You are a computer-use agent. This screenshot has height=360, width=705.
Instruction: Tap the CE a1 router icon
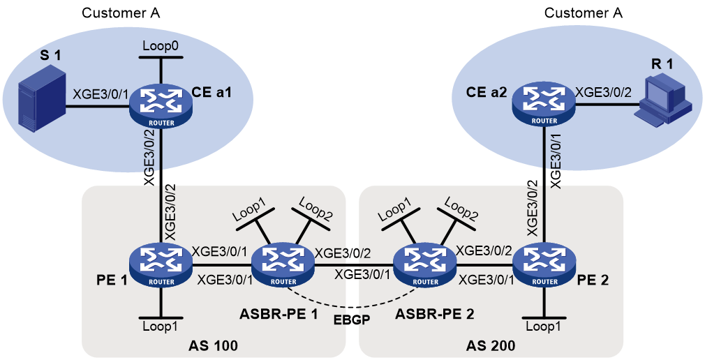(x=161, y=104)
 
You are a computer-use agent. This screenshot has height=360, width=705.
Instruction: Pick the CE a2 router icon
(x=544, y=103)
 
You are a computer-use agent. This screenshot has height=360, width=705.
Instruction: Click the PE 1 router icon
(x=161, y=264)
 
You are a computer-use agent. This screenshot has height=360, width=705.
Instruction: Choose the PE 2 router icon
(x=544, y=264)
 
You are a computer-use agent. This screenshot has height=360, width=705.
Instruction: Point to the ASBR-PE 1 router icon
(x=283, y=264)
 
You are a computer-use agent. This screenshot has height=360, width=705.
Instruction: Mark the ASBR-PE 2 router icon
(x=425, y=264)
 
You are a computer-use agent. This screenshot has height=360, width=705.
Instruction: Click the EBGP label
(x=352, y=320)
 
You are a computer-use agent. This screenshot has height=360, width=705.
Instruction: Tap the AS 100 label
(x=214, y=345)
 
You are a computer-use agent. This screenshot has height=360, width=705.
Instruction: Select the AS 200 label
(x=491, y=345)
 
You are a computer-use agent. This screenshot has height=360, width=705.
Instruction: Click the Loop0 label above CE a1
(x=161, y=46)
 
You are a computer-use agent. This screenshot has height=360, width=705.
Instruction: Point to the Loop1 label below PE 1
(x=161, y=327)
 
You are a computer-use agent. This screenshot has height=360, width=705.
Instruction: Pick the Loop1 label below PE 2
(x=544, y=327)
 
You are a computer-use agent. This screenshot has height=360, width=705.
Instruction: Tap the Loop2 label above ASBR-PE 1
(x=316, y=209)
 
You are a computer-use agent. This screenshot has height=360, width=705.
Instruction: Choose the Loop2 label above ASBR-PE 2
(x=461, y=209)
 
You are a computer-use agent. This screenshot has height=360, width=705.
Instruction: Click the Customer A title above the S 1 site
(x=121, y=13)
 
